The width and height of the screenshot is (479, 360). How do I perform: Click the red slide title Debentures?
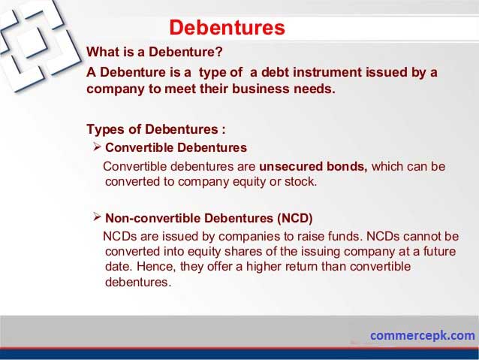click(227, 28)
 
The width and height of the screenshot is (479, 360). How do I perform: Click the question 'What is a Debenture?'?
click(155, 52)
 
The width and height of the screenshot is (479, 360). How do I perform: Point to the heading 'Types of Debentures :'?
click(156, 129)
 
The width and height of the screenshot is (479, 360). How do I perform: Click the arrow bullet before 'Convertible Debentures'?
click(97, 147)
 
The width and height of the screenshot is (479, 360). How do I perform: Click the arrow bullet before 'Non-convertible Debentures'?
click(97, 217)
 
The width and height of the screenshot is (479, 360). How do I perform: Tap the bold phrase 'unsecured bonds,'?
click(313, 166)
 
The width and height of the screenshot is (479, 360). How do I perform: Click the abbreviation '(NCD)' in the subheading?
click(295, 219)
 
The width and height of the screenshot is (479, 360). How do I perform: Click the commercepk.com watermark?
click(423, 335)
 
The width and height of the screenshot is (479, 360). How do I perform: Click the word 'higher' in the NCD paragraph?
click(264, 267)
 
